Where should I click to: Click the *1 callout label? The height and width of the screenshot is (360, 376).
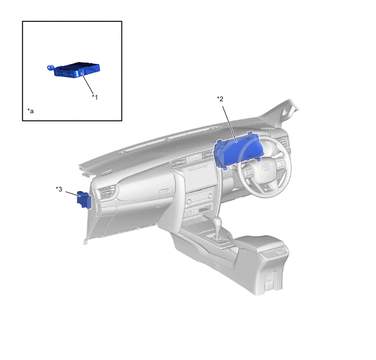tap(95, 97)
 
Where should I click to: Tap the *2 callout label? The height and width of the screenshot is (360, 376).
tap(220, 98)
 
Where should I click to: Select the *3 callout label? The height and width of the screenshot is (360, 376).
tap(59, 189)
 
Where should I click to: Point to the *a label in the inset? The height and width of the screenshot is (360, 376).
tap(31, 111)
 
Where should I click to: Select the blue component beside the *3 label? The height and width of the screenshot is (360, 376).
tap(84, 200)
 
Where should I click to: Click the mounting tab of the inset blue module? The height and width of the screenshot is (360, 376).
tap(50, 68)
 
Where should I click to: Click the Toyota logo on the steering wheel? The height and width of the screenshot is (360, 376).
tap(265, 166)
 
